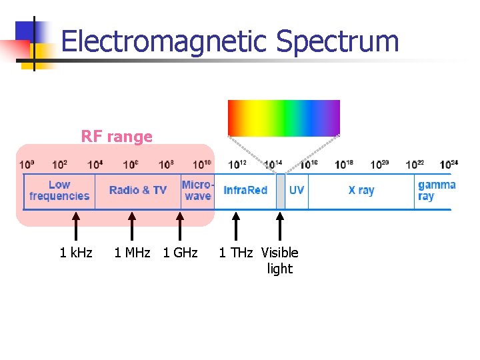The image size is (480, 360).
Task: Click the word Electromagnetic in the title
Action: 165,41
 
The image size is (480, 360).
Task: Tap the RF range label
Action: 117,137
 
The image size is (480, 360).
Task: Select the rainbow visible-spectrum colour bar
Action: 284,118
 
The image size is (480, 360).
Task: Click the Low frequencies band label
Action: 59,191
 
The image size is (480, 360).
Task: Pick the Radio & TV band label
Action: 138,191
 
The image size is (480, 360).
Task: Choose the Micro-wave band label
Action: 198,191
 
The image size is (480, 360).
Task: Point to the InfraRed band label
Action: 245,191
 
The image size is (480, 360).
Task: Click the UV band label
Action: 297,191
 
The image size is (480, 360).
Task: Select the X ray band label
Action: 361,191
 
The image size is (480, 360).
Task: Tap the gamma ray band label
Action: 436,191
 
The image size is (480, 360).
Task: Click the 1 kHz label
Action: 76,253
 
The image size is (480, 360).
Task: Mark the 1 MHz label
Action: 132,253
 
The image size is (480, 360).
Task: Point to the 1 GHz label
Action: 180,253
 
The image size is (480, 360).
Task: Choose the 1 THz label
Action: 236,253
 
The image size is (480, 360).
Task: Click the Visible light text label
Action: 280,261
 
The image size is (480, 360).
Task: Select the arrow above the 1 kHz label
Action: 76,226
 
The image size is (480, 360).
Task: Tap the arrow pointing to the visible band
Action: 280,226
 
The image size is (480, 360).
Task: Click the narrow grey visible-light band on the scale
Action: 281,191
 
